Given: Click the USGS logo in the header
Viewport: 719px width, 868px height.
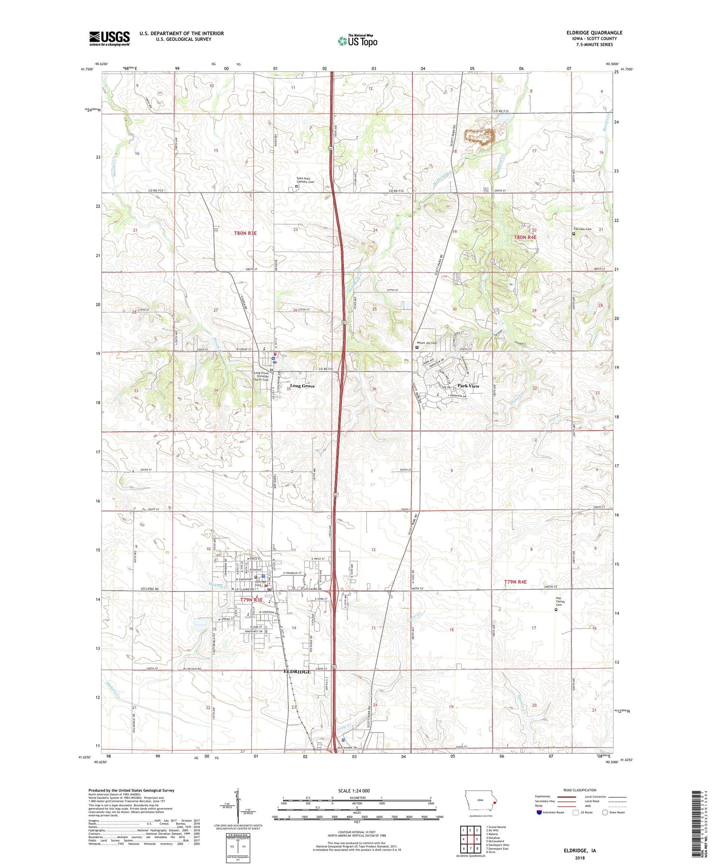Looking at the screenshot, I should tap(109, 38).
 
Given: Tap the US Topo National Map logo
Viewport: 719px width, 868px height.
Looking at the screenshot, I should tap(357, 41).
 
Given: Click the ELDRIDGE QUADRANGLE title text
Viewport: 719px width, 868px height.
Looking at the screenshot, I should tap(594, 33).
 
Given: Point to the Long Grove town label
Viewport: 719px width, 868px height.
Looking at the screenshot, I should tap(303, 386).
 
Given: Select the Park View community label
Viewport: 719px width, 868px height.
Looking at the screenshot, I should tap(468, 386).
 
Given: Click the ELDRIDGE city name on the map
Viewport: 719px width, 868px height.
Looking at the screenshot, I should tap(297, 671).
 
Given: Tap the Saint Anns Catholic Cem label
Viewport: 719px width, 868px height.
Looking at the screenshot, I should tap(306, 180).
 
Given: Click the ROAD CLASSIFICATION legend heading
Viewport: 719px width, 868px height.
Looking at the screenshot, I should tap(580, 790).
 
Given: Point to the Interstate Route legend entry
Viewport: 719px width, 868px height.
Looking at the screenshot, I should tap(550, 812).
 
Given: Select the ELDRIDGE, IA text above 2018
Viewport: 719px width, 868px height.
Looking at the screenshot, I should tap(580, 851).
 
